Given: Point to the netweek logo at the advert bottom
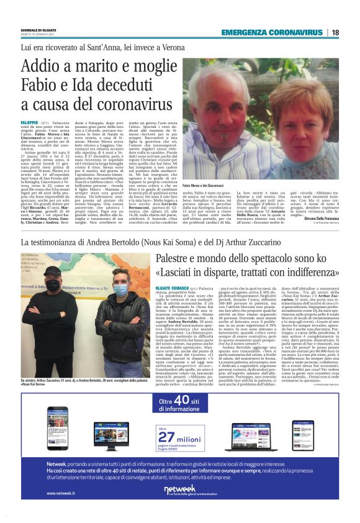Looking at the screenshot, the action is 180,489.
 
